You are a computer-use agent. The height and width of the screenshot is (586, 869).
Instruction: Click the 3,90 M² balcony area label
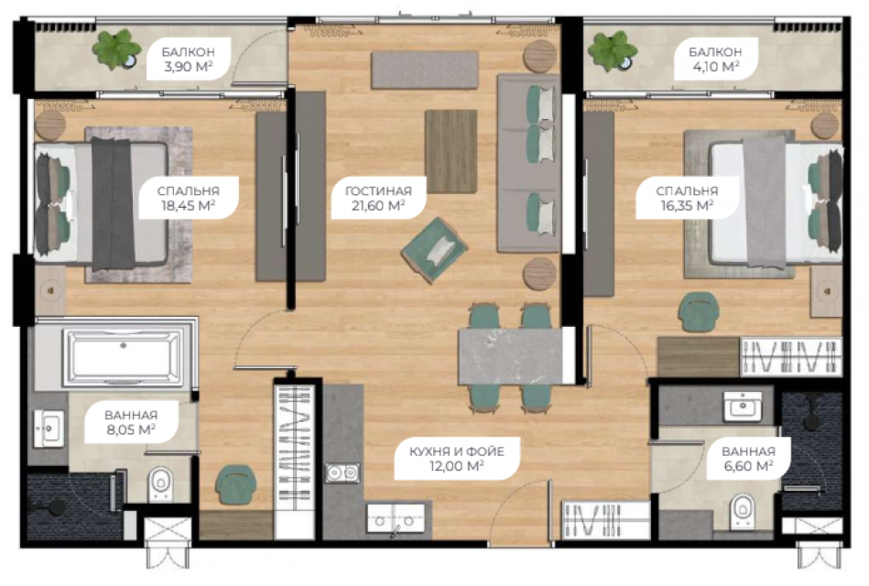pyautogui.click(x=189, y=60)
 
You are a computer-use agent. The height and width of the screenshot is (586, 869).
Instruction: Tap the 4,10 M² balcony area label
pyautogui.click(x=715, y=60)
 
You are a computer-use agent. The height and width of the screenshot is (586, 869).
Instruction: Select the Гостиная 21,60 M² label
pyautogui.click(x=378, y=199)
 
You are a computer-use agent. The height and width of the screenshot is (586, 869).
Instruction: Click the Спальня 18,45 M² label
pyautogui.click(x=189, y=199)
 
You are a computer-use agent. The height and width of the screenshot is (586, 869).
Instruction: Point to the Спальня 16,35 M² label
pyautogui.click(x=687, y=199)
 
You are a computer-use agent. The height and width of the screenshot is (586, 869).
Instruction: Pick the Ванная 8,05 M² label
pyautogui.click(x=131, y=422)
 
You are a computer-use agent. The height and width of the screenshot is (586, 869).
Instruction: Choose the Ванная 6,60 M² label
pyautogui.click(x=748, y=459)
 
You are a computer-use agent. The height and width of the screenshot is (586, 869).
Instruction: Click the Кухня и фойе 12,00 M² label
pyautogui.click(x=457, y=459)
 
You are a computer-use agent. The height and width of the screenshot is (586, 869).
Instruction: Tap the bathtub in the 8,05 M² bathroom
pyautogui.click(x=123, y=357)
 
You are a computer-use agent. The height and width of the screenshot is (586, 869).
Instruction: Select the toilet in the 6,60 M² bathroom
pyautogui.click(x=742, y=510)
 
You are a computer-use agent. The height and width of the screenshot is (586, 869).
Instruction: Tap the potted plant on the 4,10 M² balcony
pyautogui.click(x=613, y=51)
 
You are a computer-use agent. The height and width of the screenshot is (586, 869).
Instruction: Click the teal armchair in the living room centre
pyautogui.click(x=434, y=251)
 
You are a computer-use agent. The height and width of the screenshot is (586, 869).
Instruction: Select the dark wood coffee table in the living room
pyautogui.click(x=451, y=151)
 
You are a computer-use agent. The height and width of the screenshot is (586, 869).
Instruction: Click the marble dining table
pyautogui.click(x=510, y=356)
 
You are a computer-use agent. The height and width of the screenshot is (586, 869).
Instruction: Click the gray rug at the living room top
pyautogui.click(x=425, y=70)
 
